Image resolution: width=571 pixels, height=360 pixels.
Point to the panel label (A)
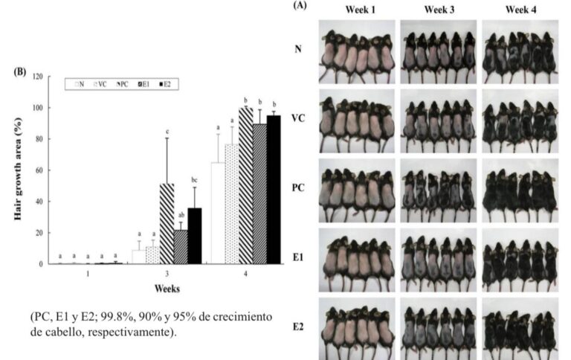click(300, 5)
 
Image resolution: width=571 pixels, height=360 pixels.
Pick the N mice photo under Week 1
click(357, 51)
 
